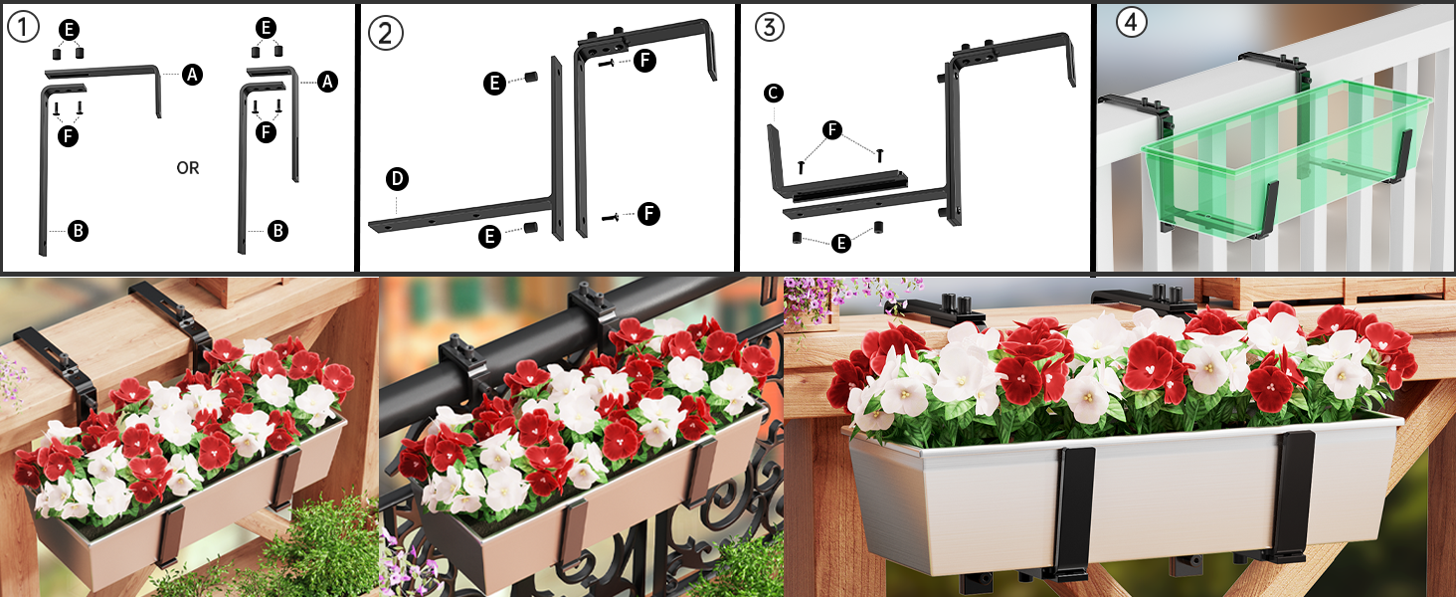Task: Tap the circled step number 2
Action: [385, 33]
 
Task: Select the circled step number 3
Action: [770, 27]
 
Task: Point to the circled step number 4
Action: [1131, 22]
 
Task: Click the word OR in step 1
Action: [188, 168]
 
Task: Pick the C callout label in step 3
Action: [773, 94]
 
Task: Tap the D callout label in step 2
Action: [397, 179]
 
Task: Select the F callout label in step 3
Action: [832, 130]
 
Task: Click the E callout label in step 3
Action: [841, 243]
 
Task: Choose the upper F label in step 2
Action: [644, 61]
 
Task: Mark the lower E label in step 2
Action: [489, 236]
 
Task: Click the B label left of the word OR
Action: [78, 230]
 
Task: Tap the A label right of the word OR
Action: [327, 82]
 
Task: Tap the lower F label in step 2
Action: [648, 213]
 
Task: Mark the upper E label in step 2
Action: [494, 84]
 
